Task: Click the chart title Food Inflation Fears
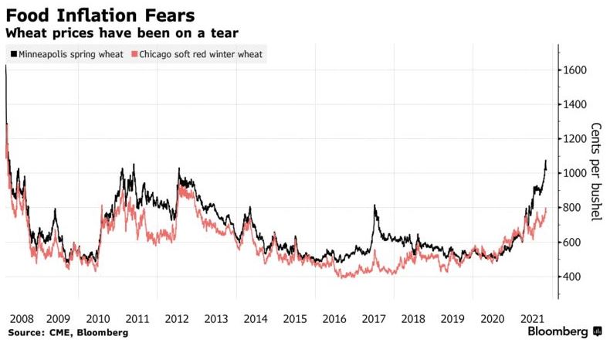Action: click(100, 15)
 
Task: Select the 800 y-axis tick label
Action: click(576, 208)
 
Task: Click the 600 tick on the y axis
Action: click(576, 242)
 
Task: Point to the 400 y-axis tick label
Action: click(576, 277)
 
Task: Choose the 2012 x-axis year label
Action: click(177, 318)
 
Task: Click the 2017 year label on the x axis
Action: click(373, 318)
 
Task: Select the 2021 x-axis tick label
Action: click(531, 318)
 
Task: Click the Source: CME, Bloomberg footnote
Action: click(68, 332)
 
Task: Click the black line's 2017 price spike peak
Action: click(374, 205)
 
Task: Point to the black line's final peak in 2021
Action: click(546, 161)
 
